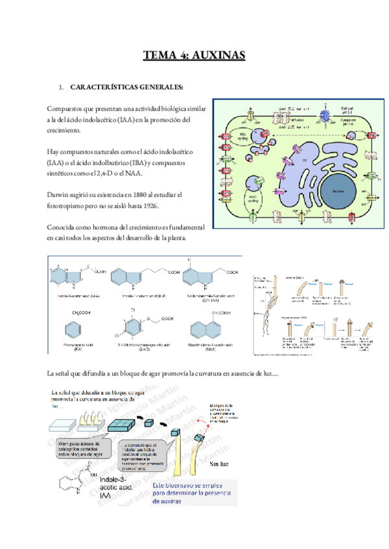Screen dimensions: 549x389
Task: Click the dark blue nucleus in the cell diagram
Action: pyautogui.click(x=336, y=192)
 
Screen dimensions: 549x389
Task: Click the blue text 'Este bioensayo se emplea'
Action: pyautogui.click(x=193, y=483)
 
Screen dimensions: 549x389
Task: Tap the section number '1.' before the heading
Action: pyautogui.click(x=60, y=87)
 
